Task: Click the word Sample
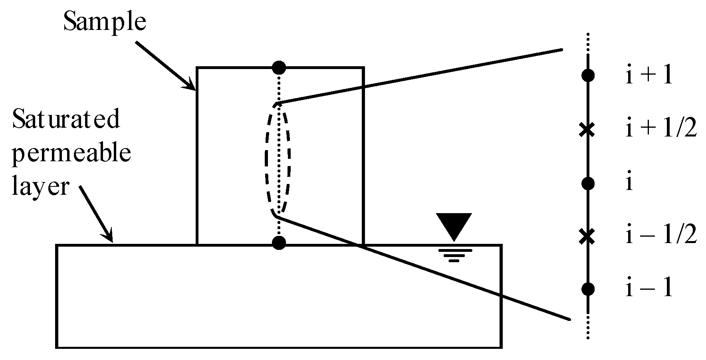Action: coord(105,22)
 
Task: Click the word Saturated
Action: coord(66,119)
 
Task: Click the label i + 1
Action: coord(649,76)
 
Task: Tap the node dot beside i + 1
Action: coord(588,75)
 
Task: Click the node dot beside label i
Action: coord(588,184)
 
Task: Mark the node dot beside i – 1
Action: coord(588,289)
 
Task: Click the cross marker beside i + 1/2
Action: coord(587,129)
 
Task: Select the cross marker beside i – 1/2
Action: coord(587,236)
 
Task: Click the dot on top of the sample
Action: coord(279,67)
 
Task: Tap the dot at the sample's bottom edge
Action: coord(279,243)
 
